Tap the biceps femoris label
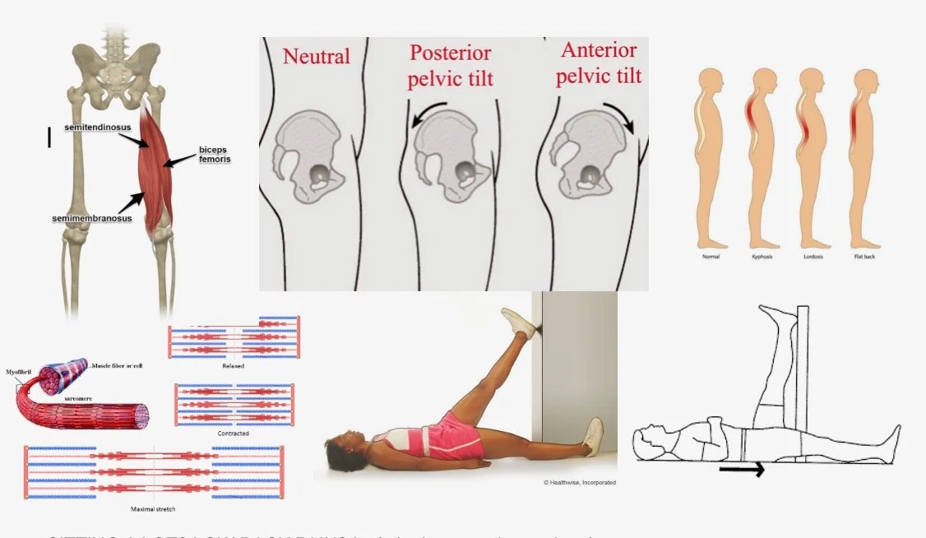click(x=213, y=155)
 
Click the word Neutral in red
click(x=317, y=57)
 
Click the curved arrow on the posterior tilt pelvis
click(x=427, y=114)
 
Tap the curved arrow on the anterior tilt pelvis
click(x=623, y=116)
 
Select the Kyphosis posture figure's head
click(x=762, y=81)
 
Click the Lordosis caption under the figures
click(x=812, y=257)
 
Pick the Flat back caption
click(x=864, y=257)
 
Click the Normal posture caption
click(x=711, y=257)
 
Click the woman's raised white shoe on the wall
click(x=518, y=322)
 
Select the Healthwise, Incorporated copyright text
click(x=579, y=482)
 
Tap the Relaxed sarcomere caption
click(x=234, y=365)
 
